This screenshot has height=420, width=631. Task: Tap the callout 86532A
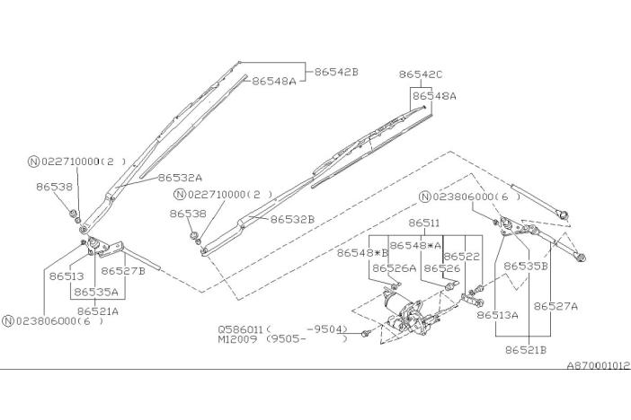(x=180, y=178)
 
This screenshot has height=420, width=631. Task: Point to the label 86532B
(x=292, y=219)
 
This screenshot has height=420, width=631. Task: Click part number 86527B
(x=123, y=270)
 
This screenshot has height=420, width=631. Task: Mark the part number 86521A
(x=98, y=311)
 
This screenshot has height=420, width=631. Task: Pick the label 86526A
(x=395, y=267)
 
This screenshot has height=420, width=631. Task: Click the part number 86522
(x=462, y=256)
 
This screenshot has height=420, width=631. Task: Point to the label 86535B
(x=526, y=266)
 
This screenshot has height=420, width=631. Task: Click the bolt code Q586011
(x=241, y=328)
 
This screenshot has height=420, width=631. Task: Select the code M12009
(x=239, y=340)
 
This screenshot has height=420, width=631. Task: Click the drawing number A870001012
(x=598, y=365)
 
